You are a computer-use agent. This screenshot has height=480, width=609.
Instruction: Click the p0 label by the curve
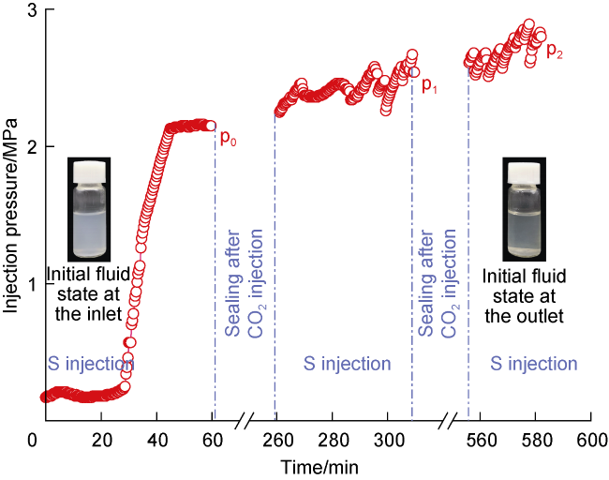[228, 139]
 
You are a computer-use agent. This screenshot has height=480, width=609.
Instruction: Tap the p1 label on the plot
[429, 85]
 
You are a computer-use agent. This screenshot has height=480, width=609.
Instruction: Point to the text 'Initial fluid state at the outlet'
[523, 296]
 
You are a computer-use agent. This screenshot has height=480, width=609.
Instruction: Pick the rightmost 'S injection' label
[535, 364]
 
